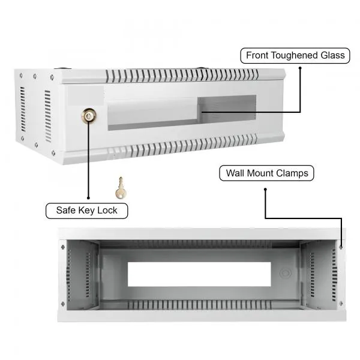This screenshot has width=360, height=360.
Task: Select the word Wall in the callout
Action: tap(235, 173)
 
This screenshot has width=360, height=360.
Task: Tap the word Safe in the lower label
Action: tap(66, 210)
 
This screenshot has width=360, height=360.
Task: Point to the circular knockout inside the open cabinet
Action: tap(285, 273)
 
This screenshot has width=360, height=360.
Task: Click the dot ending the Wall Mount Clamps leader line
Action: tap(265, 190)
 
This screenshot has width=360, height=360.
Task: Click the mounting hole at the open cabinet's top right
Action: tap(340, 246)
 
